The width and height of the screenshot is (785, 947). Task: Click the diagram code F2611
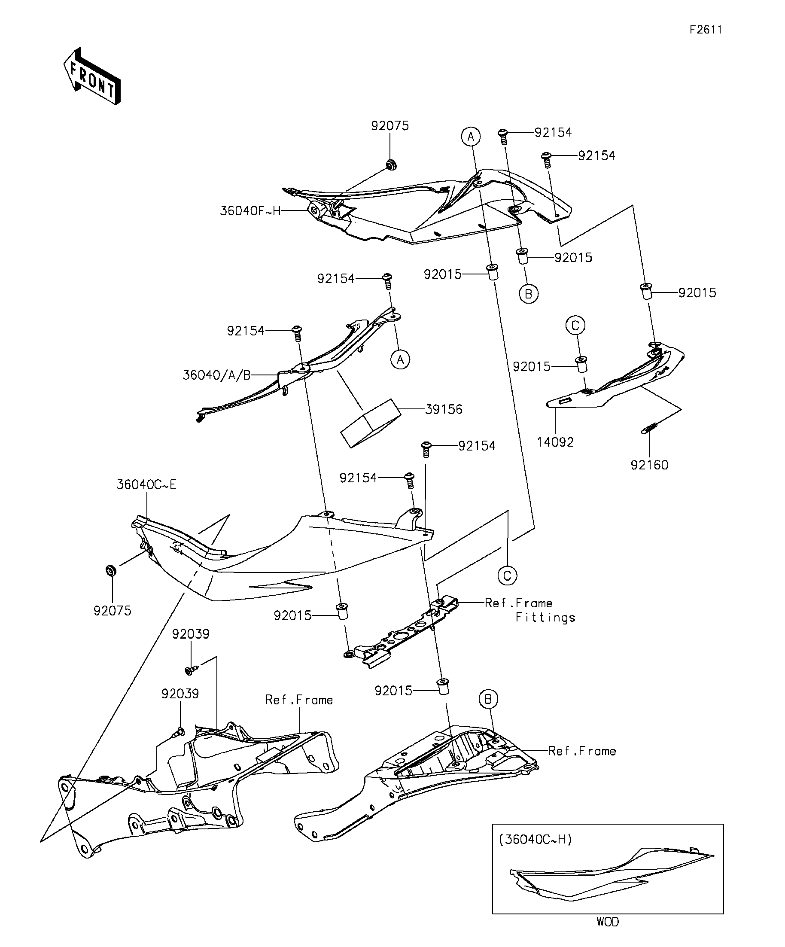[x=706, y=30]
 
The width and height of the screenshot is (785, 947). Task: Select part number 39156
[x=444, y=409]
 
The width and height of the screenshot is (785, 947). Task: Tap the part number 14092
[x=555, y=442]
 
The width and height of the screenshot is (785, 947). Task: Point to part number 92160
[x=649, y=465]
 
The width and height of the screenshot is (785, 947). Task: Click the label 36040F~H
[x=250, y=211]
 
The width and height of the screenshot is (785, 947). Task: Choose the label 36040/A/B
[x=216, y=375]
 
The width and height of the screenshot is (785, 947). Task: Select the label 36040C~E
[x=146, y=485]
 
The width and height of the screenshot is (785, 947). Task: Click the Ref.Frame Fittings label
[x=530, y=610]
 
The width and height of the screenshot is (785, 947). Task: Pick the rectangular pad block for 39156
[x=371, y=423]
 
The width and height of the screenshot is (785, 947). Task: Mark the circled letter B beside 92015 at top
[x=529, y=294]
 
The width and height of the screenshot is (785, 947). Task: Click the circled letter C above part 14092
[x=575, y=325]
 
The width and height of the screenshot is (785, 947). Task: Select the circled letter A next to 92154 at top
[x=471, y=136]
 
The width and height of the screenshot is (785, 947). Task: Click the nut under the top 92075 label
[x=390, y=164]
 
